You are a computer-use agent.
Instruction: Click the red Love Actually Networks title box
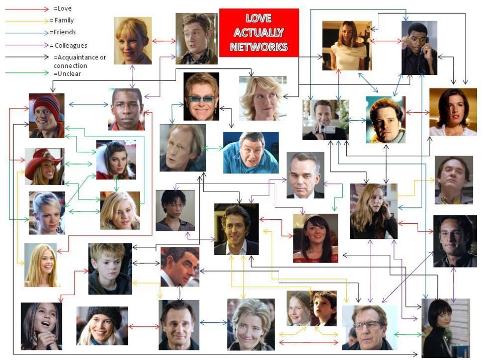point(259,32)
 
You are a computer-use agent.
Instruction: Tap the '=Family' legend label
point(62,21)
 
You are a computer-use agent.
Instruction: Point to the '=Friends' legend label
point(62,33)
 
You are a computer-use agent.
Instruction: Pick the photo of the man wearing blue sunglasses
point(201,96)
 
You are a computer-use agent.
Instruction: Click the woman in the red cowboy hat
point(45,166)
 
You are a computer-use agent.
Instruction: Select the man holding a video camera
point(326,119)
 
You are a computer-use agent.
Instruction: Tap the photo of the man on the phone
point(419,47)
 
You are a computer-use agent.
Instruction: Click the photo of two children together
point(311,308)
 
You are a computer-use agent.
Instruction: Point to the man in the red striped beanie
point(46,115)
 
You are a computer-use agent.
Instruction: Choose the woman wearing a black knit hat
point(102,325)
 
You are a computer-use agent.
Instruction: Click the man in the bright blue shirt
point(251,152)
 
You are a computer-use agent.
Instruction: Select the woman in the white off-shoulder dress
point(346,45)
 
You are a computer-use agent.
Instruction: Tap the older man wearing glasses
point(369,327)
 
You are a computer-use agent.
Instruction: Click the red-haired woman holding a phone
point(373,211)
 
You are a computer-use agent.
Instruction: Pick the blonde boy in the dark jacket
point(110,268)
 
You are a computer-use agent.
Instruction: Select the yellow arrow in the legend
point(26,21)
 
